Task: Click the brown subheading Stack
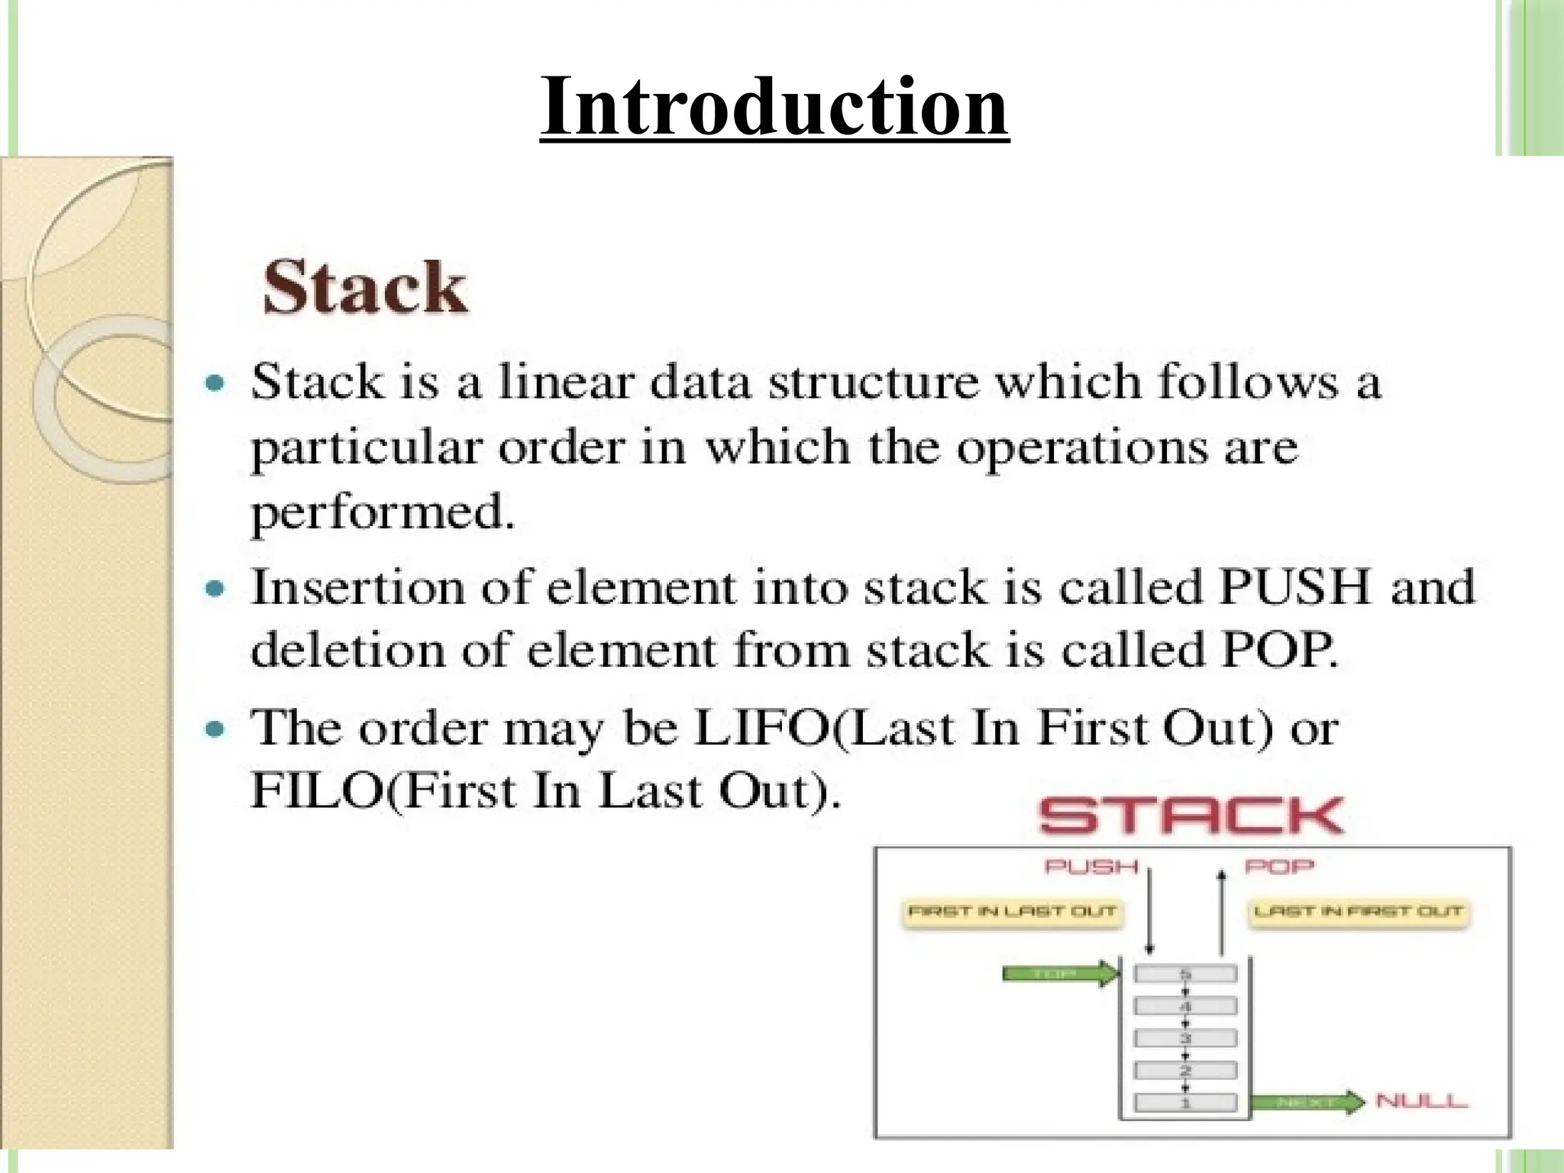(364, 288)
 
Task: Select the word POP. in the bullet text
(1280, 651)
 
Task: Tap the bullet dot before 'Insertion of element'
(216, 589)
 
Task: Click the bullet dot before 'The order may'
(216, 729)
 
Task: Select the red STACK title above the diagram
(1191, 816)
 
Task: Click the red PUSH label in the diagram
(1091, 867)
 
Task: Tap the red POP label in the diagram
(1280, 867)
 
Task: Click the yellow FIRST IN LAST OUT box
(1012, 912)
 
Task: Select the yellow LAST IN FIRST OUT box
(1359, 912)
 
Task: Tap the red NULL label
(1421, 1101)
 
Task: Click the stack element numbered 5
(1185, 974)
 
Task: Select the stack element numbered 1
(1185, 1103)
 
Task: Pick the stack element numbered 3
(1185, 1039)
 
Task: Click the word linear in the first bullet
(566, 381)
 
